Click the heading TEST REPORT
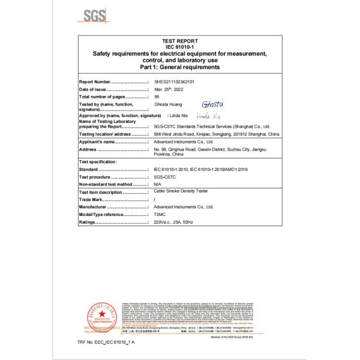(180, 41)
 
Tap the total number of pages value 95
(157, 96)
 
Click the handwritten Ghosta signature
(213, 103)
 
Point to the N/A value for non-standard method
(158, 185)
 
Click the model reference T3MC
(160, 214)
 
